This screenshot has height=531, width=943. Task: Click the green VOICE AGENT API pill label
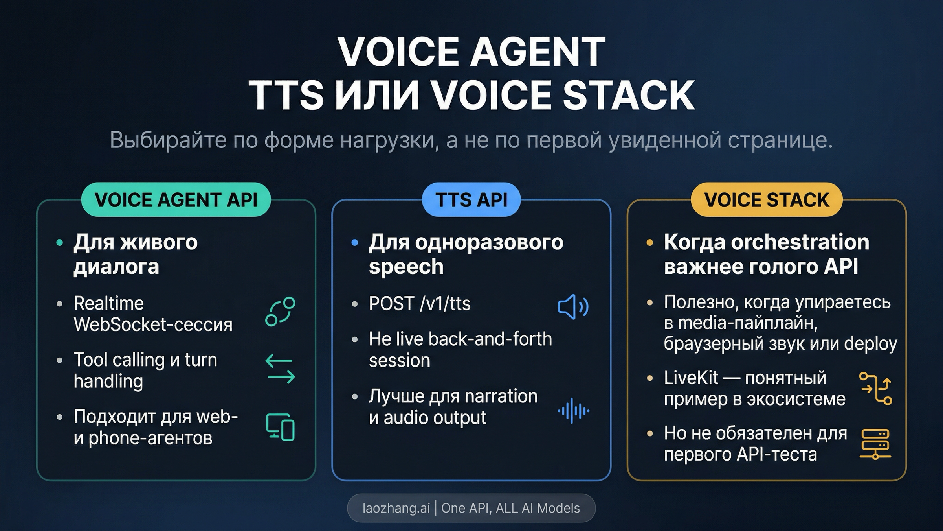coord(176,199)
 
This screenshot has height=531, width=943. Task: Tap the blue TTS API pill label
coord(471,199)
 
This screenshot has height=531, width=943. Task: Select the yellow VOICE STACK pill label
coord(767,199)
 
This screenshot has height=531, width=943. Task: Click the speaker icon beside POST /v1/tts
coord(573,306)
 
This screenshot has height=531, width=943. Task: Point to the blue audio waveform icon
coord(574,411)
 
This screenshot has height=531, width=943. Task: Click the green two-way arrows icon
coord(280,369)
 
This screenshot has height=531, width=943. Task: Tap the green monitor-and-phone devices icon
coord(280,427)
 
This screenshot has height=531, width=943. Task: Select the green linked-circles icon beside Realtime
coord(280,311)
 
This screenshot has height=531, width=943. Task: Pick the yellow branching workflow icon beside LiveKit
coord(875,388)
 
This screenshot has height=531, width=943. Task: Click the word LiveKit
coord(691,378)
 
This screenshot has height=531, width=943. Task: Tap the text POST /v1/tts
coord(420,304)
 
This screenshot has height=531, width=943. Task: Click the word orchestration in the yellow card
coord(800,242)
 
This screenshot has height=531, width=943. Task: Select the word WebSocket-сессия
coord(153,325)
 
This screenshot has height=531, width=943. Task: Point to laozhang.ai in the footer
coord(396,508)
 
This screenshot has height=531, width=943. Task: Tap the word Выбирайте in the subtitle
coord(168,140)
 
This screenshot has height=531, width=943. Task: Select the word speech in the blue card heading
coord(406,267)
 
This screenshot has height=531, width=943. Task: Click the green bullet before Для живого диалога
coord(60,243)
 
